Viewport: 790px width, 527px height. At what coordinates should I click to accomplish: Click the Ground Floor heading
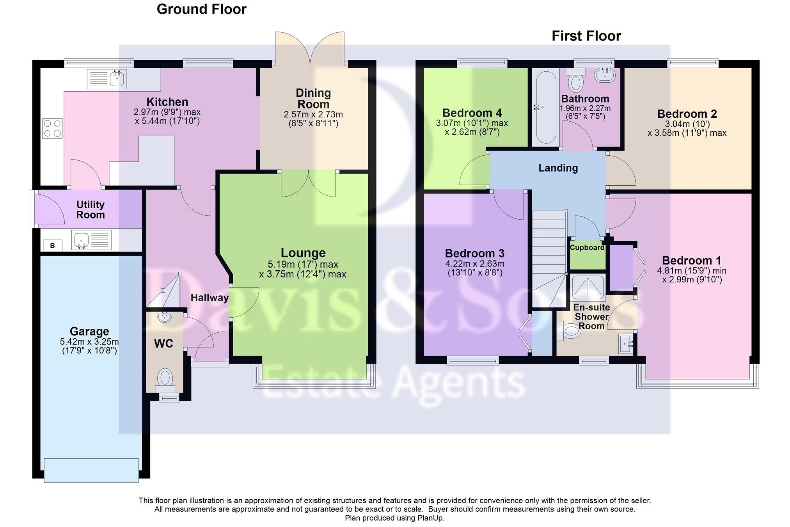click(201, 9)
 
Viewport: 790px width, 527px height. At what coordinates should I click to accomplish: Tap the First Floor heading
click(586, 36)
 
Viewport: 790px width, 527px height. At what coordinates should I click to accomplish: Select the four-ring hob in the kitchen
click(52, 128)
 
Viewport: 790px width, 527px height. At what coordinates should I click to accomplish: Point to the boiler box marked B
click(52, 245)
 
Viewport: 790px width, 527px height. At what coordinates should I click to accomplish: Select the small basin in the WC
click(165, 316)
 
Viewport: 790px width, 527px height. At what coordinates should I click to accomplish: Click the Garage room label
click(89, 331)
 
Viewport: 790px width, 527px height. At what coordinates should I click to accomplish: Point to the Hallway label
click(209, 298)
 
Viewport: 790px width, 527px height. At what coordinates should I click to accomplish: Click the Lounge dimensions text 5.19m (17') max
click(303, 264)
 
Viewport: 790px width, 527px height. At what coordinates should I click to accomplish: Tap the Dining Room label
click(313, 98)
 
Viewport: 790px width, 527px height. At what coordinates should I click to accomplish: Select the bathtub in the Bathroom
click(545, 107)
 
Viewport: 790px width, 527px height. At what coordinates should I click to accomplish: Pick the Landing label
click(558, 168)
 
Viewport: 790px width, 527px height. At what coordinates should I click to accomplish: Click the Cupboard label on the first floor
click(587, 247)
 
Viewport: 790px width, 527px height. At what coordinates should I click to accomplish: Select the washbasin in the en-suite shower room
click(626, 344)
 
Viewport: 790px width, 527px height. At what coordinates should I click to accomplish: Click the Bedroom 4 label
click(472, 113)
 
